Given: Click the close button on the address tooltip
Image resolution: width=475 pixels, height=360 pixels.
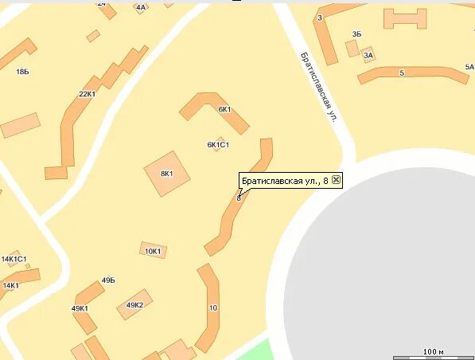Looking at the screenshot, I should coord(336,181).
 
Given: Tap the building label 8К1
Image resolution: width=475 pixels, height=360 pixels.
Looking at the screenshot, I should coord(167,173).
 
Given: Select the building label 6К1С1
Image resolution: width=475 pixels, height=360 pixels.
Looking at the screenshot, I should coord(218,145).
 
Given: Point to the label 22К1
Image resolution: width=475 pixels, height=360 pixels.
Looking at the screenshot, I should coord(87,94).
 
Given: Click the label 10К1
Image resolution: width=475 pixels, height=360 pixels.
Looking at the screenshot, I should coord(153,251).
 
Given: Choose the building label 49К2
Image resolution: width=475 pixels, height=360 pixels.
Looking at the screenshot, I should coord(134,305).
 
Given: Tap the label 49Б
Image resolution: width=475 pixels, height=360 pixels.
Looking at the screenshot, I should coord(108,280).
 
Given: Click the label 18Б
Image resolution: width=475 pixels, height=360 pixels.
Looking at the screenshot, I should coord(21,72).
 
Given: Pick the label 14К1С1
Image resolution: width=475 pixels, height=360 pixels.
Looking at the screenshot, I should coord(14,259).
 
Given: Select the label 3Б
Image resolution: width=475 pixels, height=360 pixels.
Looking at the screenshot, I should coord(356,34).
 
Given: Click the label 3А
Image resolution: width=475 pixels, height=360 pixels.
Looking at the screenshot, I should coord(368,56).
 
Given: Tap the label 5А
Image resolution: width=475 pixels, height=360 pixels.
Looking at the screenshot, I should coord(469,67).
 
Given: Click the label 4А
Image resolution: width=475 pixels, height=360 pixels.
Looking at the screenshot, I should coord(141,7).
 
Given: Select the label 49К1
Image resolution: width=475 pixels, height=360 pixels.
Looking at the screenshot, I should coord(80,308).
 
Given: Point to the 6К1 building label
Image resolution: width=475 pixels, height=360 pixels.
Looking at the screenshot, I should coord(224,109).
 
